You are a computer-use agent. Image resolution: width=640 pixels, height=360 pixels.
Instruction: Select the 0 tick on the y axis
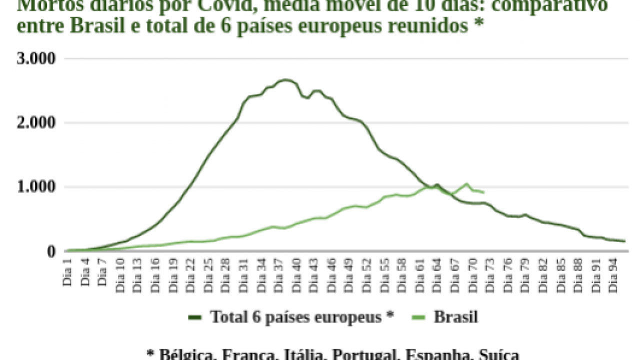coord(50,251)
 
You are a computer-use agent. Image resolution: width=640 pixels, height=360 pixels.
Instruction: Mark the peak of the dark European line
coord(285,79)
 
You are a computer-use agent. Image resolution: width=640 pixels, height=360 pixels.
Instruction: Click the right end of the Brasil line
coord(483,192)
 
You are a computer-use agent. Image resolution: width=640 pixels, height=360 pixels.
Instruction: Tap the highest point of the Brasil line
coord(466,183)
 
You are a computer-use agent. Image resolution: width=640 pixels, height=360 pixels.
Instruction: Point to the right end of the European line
coord(624,241)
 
